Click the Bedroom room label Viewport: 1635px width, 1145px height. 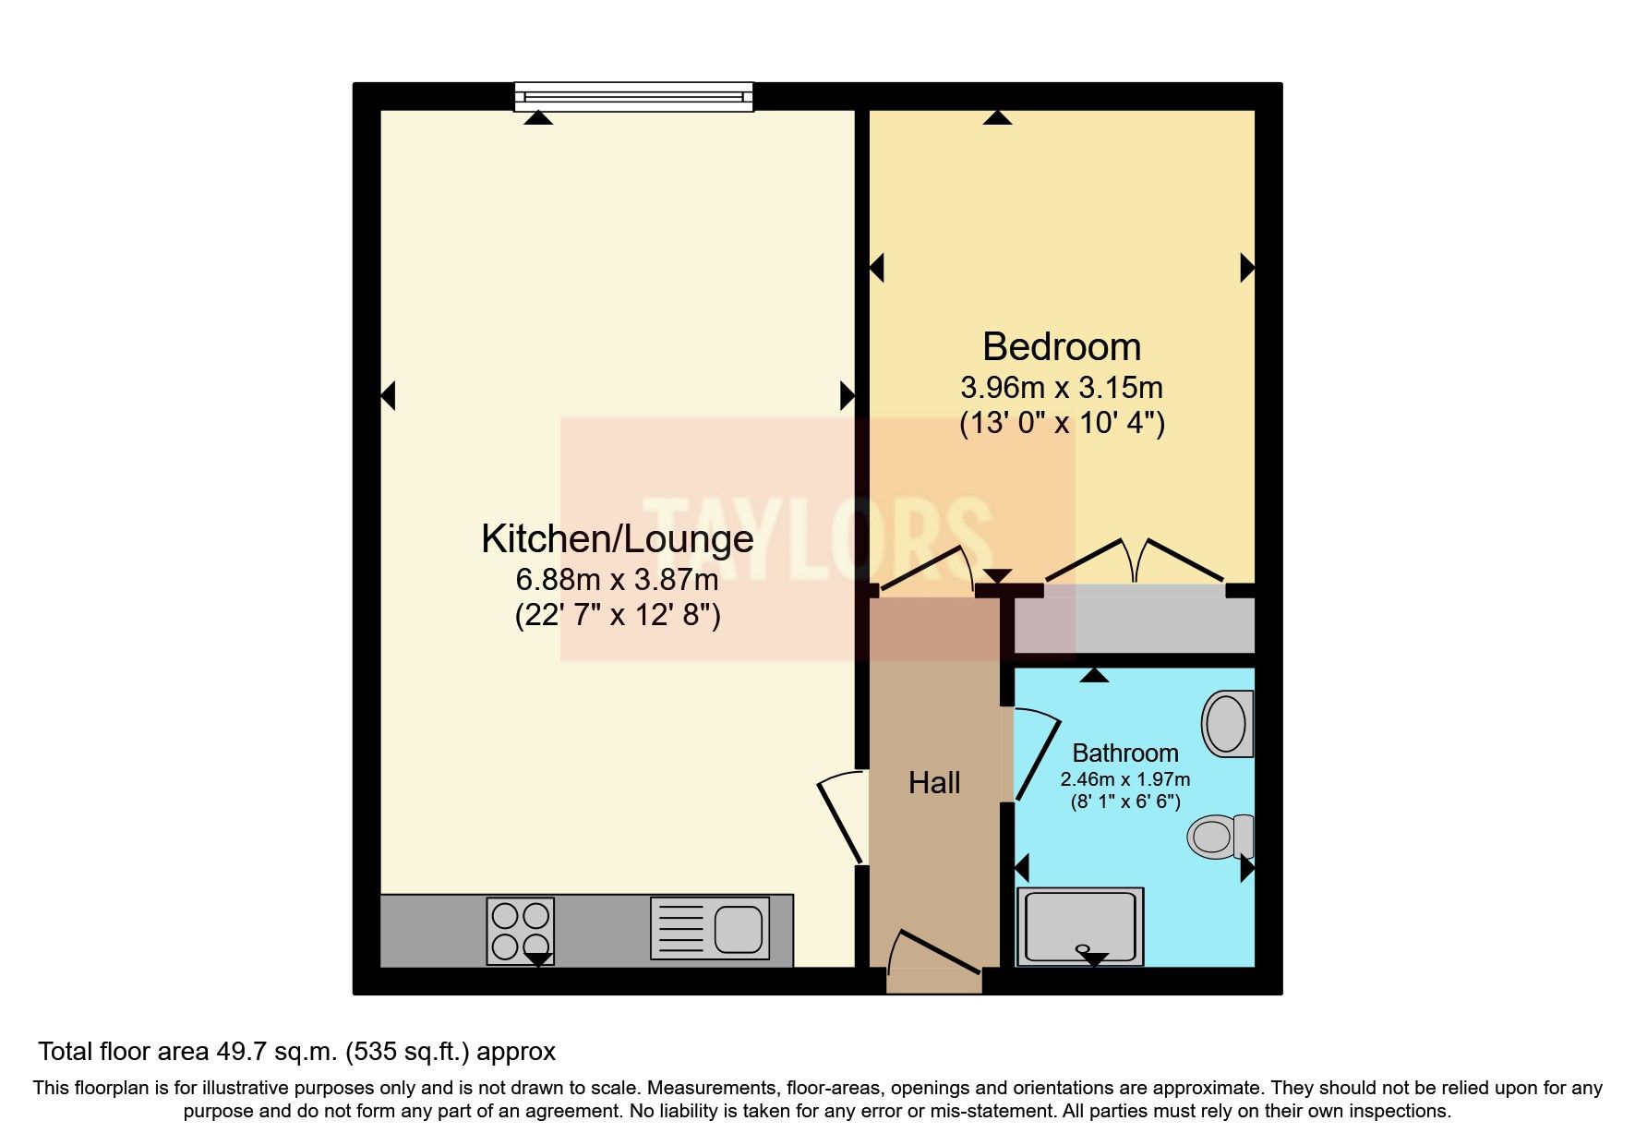coord(1062,347)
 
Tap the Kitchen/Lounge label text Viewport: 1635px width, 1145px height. coord(618,539)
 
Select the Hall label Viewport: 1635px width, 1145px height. coord(934,783)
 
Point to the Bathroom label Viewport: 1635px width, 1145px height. coord(1124,753)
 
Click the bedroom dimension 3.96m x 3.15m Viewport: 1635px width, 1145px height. coord(1062,387)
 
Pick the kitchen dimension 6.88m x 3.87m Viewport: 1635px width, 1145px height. coord(617,580)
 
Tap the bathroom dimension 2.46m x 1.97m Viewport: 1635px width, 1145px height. coord(1124,779)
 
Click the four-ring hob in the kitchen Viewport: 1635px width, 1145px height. coord(521,931)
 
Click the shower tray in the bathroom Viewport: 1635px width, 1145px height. coord(1080,927)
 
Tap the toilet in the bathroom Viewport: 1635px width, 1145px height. coord(1220,837)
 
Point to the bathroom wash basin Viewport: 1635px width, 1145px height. coord(1228,723)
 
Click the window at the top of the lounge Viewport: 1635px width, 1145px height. coord(633,96)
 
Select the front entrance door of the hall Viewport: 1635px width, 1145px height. coord(933,960)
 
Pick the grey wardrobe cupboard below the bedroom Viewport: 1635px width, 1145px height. coord(1135,625)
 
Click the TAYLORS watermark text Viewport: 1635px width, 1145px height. coord(818,539)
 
